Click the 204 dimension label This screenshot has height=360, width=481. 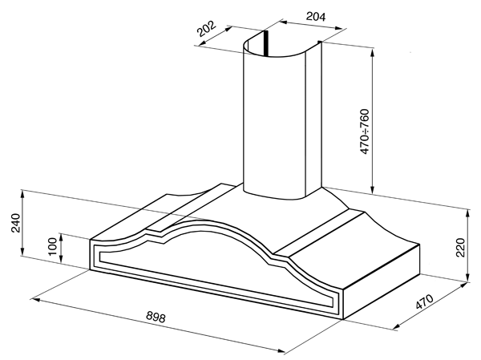[316, 16]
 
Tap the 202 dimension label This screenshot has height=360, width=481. [207, 28]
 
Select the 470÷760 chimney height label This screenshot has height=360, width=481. [365, 131]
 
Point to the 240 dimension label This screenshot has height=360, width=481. [15, 223]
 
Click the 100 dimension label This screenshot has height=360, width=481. [53, 246]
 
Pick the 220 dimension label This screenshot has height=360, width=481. [461, 248]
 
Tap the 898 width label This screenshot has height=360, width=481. [156, 317]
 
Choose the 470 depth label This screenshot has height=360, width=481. [425, 301]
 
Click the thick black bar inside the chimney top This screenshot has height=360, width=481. [266, 43]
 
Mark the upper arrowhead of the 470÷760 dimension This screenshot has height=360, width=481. [373, 52]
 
